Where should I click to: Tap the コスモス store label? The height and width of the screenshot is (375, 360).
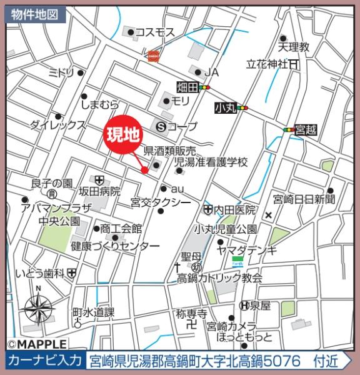click(x=155, y=32)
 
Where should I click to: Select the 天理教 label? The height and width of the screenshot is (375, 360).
click(x=294, y=47)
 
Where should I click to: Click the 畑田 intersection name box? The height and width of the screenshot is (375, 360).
click(x=187, y=87)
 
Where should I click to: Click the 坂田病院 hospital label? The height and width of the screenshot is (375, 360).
click(x=99, y=191)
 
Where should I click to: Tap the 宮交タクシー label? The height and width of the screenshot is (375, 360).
click(x=161, y=202)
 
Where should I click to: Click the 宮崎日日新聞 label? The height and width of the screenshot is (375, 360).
click(x=304, y=199)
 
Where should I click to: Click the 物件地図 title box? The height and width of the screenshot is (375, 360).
click(x=35, y=14)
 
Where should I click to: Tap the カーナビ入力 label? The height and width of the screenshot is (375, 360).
click(x=45, y=361)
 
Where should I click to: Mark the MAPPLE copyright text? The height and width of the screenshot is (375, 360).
click(x=37, y=344)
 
